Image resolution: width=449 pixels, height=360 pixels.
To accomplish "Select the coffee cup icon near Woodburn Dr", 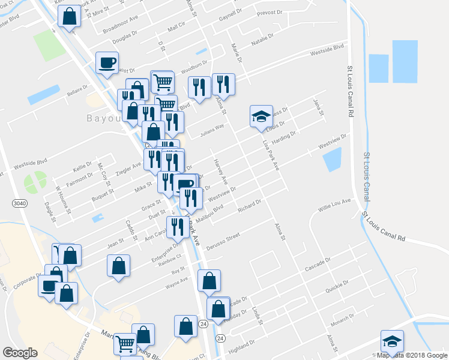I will (107, 63).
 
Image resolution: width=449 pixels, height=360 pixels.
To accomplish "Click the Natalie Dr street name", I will (262, 40).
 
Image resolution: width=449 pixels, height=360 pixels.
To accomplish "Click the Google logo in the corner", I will (20, 353).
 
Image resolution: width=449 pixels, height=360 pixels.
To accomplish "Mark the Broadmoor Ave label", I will (120, 28).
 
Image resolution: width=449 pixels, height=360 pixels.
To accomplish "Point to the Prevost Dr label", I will (270, 13).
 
